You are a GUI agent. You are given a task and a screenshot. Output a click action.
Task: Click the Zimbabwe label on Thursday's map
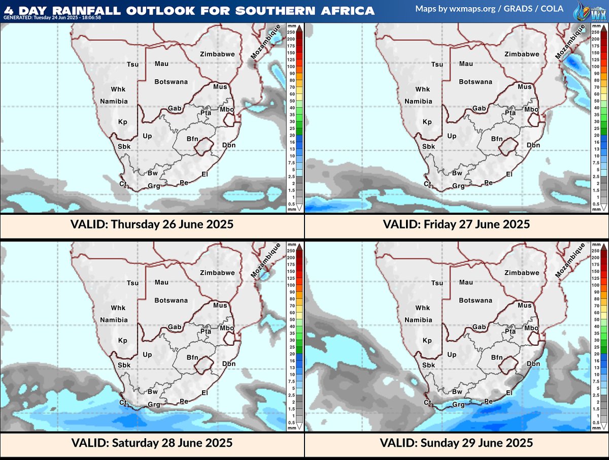[217, 54]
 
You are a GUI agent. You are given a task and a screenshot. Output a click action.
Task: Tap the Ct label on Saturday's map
[123, 403]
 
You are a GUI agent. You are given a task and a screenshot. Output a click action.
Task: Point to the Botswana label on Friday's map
[476, 82]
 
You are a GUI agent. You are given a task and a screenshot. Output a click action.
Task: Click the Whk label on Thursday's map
[118, 89]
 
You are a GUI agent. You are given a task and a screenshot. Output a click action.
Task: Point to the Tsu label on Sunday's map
[437, 283]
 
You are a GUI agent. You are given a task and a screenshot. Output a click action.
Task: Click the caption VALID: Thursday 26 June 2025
[151, 224]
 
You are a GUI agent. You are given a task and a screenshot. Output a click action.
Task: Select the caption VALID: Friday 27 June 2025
[456, 224]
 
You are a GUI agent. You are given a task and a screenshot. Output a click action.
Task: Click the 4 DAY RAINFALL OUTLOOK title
[189, 10]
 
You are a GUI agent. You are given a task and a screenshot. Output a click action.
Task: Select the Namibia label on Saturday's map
[114, 320]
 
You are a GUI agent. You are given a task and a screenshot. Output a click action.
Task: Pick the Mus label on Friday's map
[524, 87]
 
